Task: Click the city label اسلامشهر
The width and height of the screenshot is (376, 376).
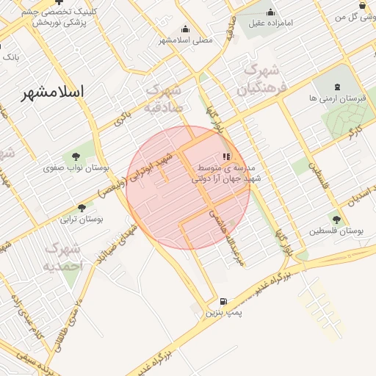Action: [52, 92]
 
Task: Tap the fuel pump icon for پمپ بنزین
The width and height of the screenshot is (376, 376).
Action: [223, 301]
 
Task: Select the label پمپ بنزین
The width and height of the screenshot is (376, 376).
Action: [223, 314]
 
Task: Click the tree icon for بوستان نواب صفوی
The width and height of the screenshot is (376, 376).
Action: [76, 155]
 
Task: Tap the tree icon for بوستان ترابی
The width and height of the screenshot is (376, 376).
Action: [82, 208]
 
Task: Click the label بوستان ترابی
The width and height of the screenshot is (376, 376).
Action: [82, 220]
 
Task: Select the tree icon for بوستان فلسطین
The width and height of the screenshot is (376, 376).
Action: [336, 219]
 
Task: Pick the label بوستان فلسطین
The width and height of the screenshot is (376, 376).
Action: [336, 231]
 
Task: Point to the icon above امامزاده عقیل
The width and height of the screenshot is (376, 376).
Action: [270, 12]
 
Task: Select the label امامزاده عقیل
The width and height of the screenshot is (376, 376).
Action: [270, 23]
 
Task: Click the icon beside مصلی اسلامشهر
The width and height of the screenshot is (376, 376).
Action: [184, 30]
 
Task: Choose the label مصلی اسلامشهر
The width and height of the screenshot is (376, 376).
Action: [186, 40]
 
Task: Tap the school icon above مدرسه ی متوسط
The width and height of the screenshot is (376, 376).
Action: [227, 156]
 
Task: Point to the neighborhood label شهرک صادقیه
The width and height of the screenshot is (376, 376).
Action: [164, 98]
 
